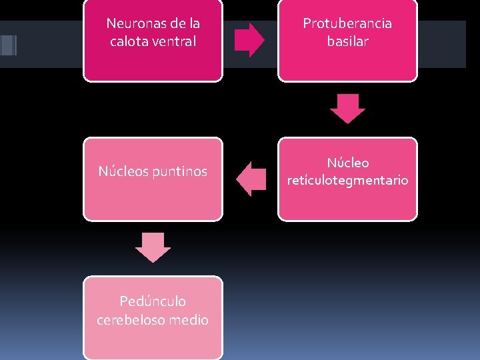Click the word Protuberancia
(347, 23)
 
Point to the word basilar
(347, 41)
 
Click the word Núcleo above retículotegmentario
(347, 163)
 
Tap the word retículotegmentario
(347, 180)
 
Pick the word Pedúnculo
(153, 302)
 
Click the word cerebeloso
(133, 320)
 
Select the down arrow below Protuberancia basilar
(347, 109)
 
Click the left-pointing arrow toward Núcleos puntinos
(251, 179)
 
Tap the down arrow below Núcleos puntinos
(153, 247)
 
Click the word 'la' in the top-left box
(195, 23)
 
